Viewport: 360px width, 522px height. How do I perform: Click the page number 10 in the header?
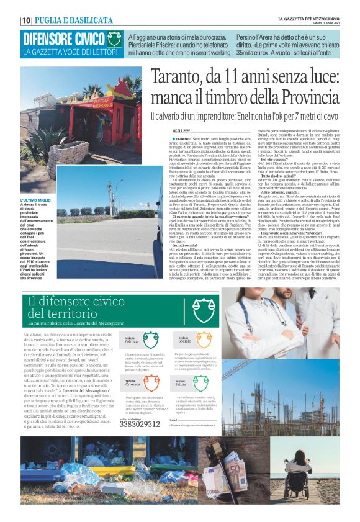26,20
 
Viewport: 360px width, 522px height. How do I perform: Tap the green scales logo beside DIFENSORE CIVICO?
114,40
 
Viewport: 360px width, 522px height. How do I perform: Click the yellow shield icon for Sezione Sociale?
204,340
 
